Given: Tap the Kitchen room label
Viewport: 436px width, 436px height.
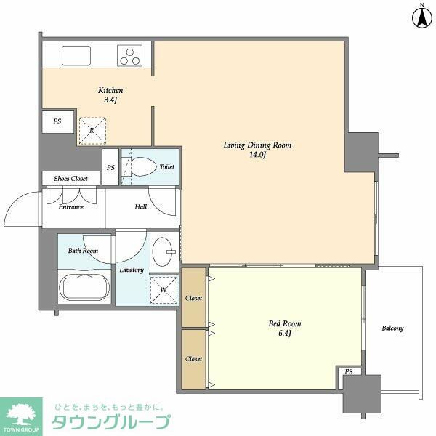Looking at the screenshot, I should (105, 95).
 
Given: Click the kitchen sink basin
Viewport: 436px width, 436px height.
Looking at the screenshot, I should (75, 55).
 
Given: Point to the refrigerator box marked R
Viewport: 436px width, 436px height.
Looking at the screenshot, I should (92, 132).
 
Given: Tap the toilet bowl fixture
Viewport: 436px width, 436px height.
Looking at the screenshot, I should (144, 166).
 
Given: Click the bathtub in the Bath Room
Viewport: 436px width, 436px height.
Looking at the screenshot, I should (84, 287).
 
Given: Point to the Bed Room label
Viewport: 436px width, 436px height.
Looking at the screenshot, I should (284, 328).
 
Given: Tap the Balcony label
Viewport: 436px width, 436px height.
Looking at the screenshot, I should (392, 328).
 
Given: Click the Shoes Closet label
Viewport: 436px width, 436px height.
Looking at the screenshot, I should (70, 179).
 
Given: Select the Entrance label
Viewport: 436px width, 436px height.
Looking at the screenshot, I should (70, 206).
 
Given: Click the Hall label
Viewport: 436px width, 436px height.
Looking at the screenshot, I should (140, 206).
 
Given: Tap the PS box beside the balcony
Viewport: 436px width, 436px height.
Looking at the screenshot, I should (350, 372).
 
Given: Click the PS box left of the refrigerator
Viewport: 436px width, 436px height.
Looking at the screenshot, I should (57, 122).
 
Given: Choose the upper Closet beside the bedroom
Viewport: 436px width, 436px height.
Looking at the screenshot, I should (193, 298).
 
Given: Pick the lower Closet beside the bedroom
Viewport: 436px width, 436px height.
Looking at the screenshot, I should (193, 359).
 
